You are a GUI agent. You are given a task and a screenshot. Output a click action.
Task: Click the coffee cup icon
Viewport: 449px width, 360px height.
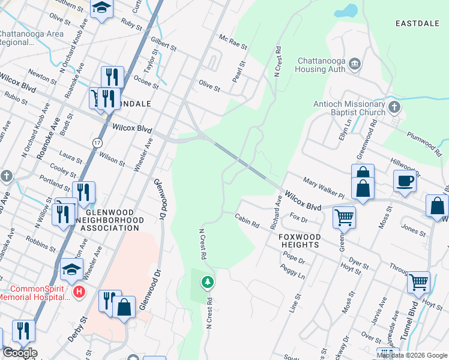click(405, 181)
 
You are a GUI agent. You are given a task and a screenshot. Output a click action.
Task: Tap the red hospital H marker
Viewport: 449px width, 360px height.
click(78, 292)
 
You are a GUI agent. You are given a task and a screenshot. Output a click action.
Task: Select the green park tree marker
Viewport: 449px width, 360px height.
click(207, 281)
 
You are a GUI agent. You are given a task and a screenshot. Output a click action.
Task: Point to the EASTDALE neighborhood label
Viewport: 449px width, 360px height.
click(418, 23)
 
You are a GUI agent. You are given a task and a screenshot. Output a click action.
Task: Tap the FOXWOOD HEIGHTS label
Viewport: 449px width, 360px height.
click(300, 241)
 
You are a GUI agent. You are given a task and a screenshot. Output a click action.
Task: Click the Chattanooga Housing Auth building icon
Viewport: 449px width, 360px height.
click(354, 64)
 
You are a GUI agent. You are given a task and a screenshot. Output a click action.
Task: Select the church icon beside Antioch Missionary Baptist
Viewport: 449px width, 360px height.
click(394, 107)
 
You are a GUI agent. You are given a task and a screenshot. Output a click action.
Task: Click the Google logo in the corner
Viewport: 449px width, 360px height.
click(20, 353)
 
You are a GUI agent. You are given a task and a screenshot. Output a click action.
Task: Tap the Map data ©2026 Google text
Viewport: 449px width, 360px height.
click(411, 355)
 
